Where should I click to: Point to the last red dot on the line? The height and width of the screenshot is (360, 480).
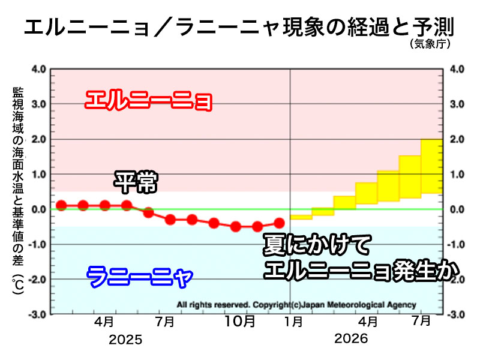[x=278, y=223]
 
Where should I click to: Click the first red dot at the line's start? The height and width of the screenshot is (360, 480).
[x=61, y=205]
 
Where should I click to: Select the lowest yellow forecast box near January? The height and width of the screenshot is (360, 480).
[x=301, y=216]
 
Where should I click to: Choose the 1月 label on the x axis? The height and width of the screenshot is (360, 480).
[x=293, y=321]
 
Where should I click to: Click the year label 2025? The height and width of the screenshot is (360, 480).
[x=126, y=340]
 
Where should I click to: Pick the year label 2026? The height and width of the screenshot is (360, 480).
[x=351, y=340]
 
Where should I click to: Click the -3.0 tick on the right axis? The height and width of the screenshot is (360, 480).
[x=457, y=314]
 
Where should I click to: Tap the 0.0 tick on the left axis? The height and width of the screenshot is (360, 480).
[x=38, y=209]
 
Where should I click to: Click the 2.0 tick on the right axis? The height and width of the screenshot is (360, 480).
[x=457, y=139]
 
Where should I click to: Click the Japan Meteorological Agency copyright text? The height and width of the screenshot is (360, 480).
[x=296, y=304]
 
